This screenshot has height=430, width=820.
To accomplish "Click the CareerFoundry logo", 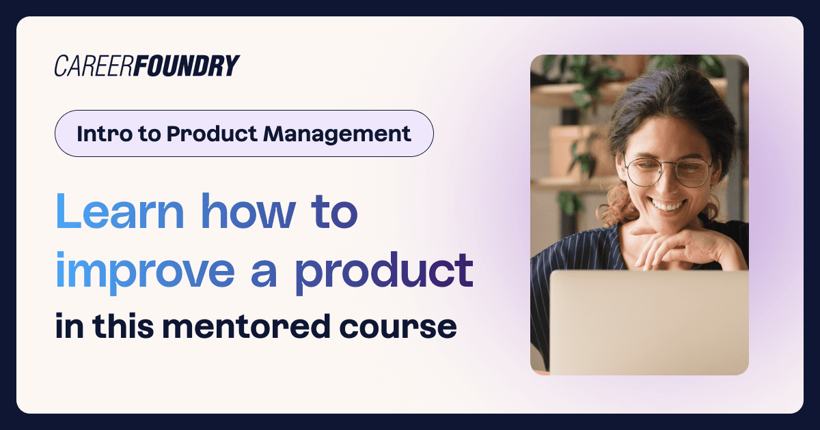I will tap(147, 66).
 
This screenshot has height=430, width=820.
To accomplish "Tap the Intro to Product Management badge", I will tap(244, 134).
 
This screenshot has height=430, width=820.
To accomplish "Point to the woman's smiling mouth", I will tap(668, 204).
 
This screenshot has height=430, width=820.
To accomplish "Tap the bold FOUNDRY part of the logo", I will tap(185, 66).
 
